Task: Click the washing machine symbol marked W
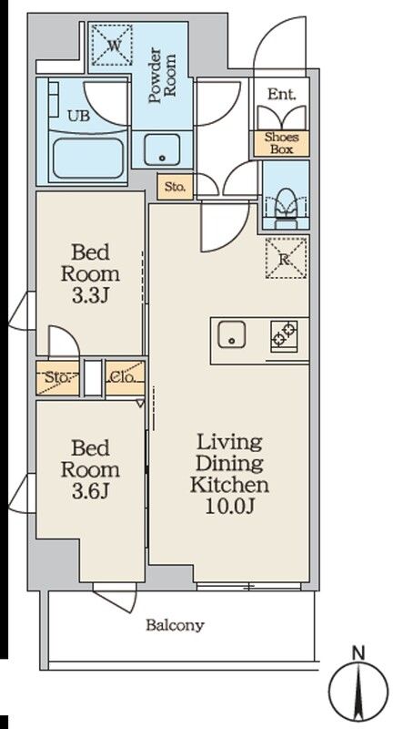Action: pyautogui.click(x=111, y=45)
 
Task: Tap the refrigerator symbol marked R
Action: pyautogui.click(x=287, y=258)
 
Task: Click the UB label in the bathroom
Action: pyautogui.click(x=78, y=116)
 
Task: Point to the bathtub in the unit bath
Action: pyautogui.click(x=89, y=159)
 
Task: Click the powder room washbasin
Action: pyautogui.click(x=162, y=149)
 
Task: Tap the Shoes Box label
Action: pyautogui.click(x=281, y=143)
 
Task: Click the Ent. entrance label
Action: pyautogui.click(x=281, y=95)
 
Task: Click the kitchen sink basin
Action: pyautogui.click(x=232, y=334)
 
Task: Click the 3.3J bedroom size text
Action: pyautogui.click(x=90, y=297)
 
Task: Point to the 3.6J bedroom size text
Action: pyautogui.click(x=90, y=492)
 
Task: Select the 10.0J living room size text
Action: pyautogui.click(x=229, y=507)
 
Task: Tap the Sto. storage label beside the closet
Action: pyautogui.click(x=57, y=377)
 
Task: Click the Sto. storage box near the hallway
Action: pyautogui.click(x=175, y=187)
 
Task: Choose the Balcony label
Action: pyautogui.click(x=175, y=625)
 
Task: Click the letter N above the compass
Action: pyautogui.click(x=358, y=652)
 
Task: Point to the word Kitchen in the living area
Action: pyautogui.click(x=229, y=485)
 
